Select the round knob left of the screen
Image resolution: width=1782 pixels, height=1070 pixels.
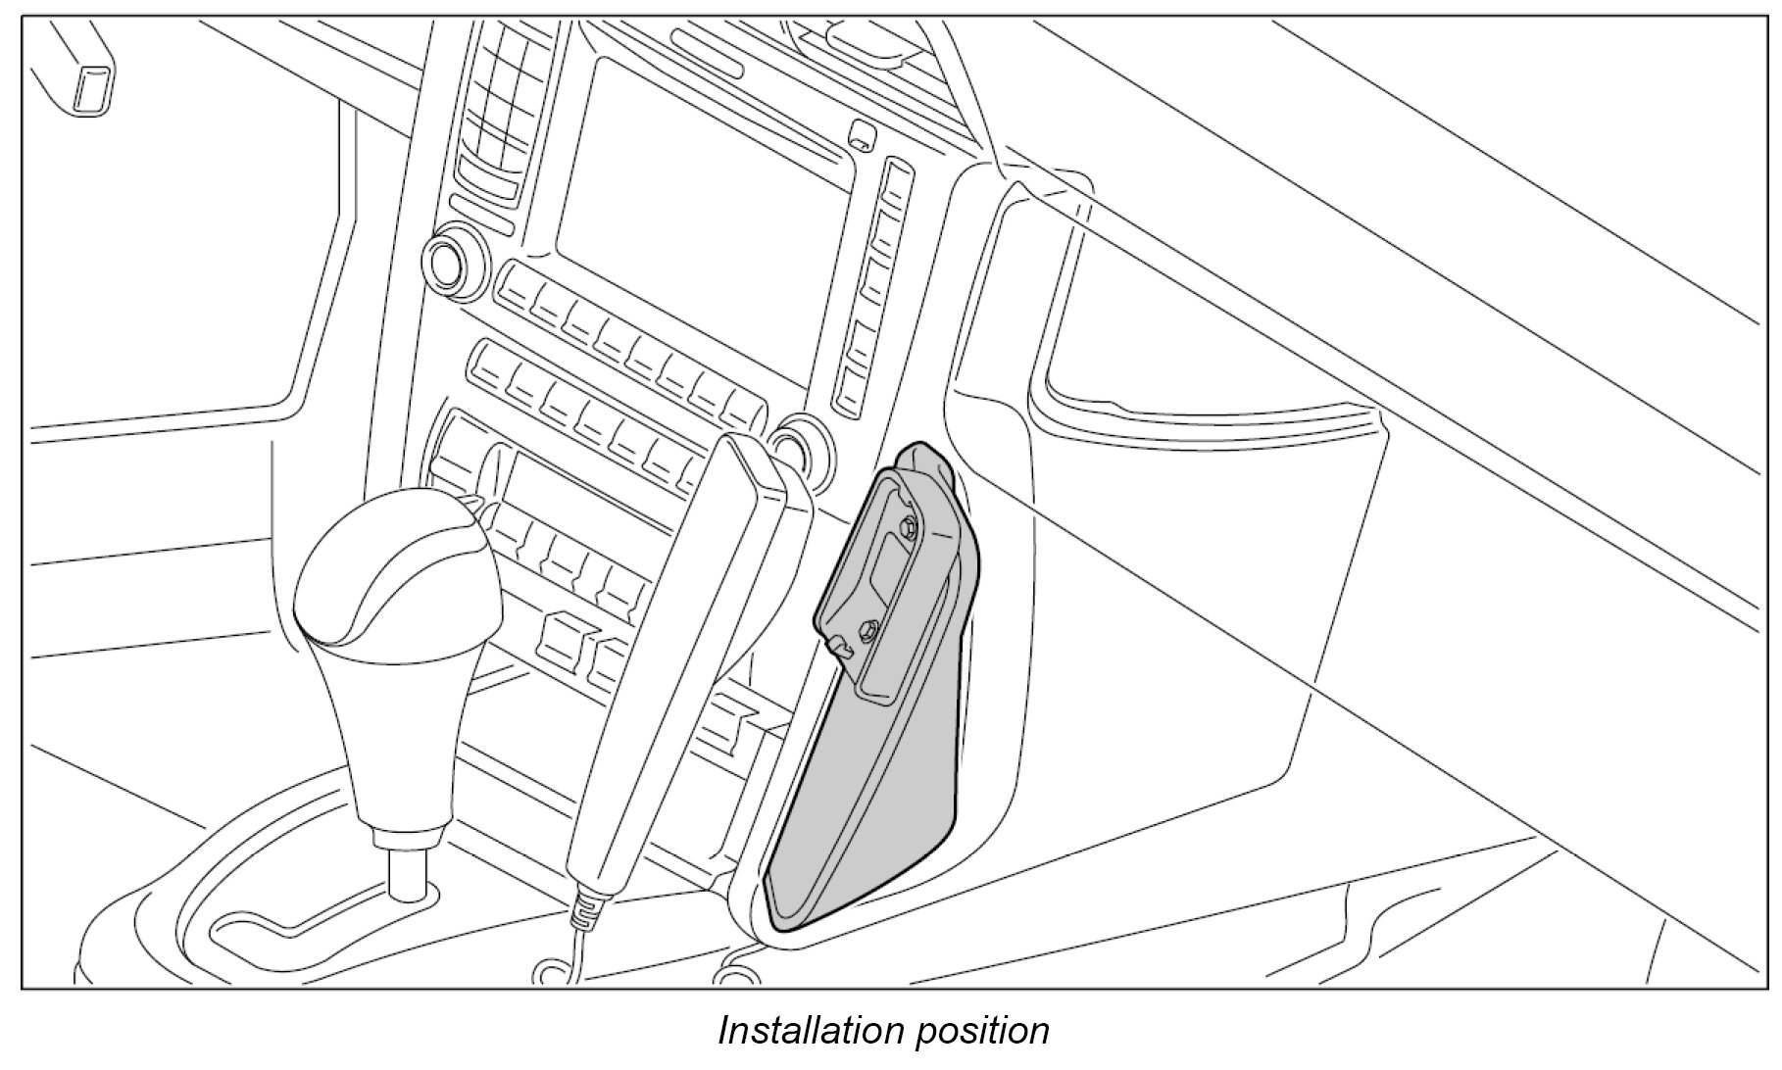[x=450, y=259]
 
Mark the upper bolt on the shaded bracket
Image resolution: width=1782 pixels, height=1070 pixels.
[x=908, y=526]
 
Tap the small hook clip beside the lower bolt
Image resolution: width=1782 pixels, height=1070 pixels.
[x=839, y=646]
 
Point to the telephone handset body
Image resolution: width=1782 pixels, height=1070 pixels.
[x=676, y=666]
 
